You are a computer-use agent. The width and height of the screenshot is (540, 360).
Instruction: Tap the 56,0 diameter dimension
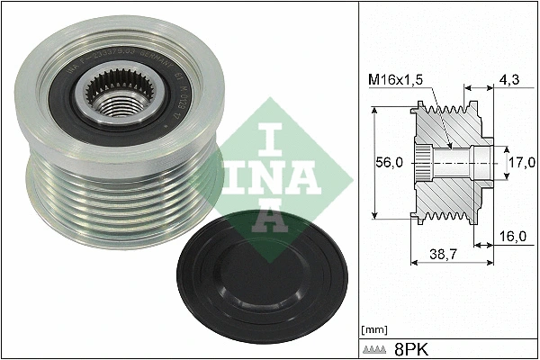point(388,164)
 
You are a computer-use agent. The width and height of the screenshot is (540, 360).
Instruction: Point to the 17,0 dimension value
point(521,164)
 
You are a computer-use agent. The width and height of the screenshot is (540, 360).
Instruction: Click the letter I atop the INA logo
point(266,139)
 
